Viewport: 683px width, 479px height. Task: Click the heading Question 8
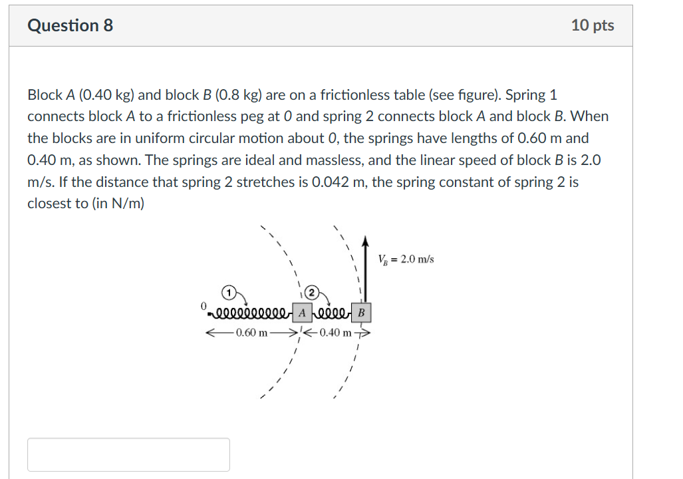[70, 25]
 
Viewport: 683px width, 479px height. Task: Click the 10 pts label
[593, 25]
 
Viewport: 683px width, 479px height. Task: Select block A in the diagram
[302, 313]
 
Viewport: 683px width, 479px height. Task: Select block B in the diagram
[361, 313]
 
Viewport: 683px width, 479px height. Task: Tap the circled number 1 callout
[228, 293]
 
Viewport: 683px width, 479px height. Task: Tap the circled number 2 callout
[311, 293]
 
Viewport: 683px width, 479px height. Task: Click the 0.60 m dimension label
[252, 333]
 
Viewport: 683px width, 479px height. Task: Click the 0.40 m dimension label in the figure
[335, 333]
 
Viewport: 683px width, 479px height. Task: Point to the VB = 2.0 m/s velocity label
[406, 259]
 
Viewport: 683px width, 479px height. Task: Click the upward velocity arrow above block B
[365, 269]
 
